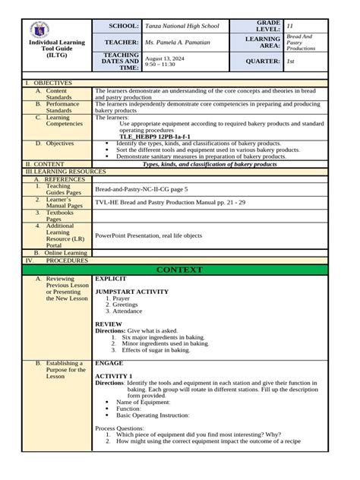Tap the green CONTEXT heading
click(179, 270)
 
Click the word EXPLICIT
click(110, 279)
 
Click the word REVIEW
click(108, 324)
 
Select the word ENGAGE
click(109, 364)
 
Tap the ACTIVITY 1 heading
click(113, 376)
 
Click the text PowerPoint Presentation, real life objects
click(149, 235)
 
